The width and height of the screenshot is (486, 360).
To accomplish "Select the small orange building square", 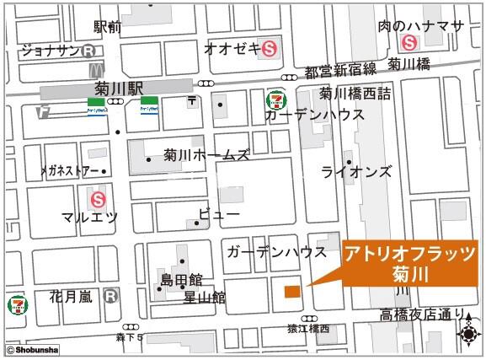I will tap(291, 292).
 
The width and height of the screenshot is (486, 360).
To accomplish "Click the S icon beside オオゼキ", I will tap(270, 48).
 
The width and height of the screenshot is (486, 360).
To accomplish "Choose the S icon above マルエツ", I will tap(99, 200).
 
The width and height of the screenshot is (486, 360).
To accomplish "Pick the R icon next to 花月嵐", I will tap(110, 297).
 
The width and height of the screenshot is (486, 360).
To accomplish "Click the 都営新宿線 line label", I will tap(342, 72).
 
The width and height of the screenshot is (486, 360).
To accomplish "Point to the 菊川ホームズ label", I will tap(206, 156).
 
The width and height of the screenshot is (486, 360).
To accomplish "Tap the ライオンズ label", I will tap(356, 172).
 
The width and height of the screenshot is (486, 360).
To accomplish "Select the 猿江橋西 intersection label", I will tap(307, 330).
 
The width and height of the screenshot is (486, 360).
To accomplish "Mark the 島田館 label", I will tap(181, 279).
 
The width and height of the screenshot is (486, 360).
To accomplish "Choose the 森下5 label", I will tap(130, 337).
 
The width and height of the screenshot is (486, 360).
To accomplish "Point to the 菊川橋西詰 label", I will tap(355, 94).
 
